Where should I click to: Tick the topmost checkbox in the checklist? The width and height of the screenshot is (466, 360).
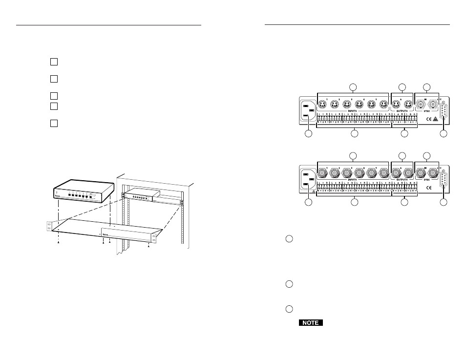coord(54,62)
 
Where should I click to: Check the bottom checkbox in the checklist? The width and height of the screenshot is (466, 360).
coord(54,123)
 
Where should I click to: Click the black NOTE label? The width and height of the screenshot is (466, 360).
coord(311,323)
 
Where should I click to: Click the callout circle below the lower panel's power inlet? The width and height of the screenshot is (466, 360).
coord(308,202)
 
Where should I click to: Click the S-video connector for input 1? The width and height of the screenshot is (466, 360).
coord(322,104)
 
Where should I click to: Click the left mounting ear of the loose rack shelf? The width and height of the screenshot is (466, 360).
coord(49,227)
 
